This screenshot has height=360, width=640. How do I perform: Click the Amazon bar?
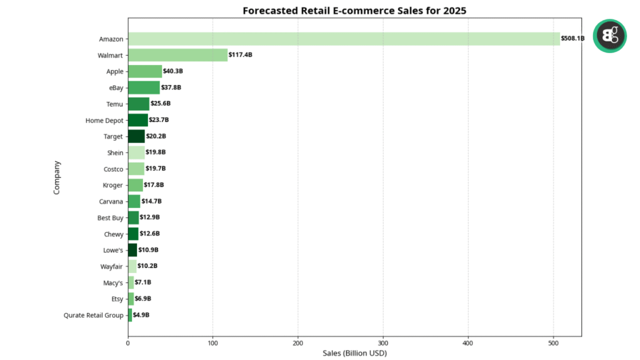[x=344, y=39]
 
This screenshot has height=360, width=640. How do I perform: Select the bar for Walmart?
[x=177, y=55]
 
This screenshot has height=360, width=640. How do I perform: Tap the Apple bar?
[x=145, y=71]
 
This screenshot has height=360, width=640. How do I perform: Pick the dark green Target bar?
[x=136, y=136]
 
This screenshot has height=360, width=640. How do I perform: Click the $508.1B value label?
[x=572, y=39]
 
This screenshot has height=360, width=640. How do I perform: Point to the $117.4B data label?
[x=241, y=55]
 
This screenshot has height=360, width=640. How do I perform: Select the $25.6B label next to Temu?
[x=161, y=104]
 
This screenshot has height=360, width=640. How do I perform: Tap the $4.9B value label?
[x=141, y=315]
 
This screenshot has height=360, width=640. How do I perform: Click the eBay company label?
[x=116, y=87]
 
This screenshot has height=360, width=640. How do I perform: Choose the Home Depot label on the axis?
[x=104, y=120]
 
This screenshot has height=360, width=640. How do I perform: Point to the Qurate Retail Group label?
[x=94, y=315]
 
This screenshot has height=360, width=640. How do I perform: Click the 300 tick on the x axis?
[x=383, y=342]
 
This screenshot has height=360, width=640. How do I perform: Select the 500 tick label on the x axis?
[x=553, y=342]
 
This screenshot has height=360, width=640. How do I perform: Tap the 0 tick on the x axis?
[x=128, y=342]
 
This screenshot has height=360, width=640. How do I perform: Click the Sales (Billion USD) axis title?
[x=354, y=353]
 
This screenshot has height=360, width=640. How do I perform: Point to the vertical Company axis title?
[x=57, y=177]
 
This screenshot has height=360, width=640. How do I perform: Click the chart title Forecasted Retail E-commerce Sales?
[x=354, y=11]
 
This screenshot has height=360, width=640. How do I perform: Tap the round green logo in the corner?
[x=609, y=36]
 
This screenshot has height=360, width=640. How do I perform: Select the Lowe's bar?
[x=132, y=250]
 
